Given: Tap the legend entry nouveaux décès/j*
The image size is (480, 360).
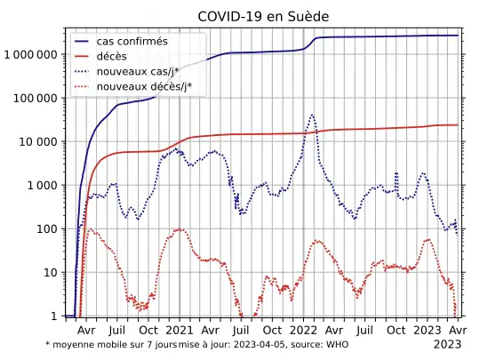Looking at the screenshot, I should (144, 87).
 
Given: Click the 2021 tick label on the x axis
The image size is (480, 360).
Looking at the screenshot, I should (180, 329).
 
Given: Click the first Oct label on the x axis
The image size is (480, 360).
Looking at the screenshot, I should (149, 329).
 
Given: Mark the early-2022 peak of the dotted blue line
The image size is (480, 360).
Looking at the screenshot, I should (312, 115).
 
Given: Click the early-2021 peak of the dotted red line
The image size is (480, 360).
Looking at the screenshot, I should (180, 229).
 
